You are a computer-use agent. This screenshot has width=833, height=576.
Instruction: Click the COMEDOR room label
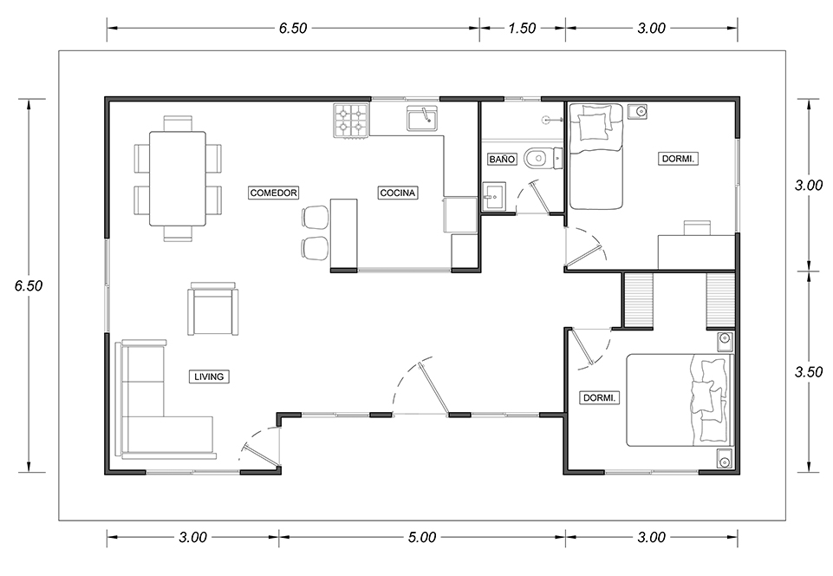tap(274, 193)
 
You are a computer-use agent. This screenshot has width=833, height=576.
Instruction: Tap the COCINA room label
tap(397, 193)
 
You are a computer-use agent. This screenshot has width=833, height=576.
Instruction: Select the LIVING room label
tap(209, 376)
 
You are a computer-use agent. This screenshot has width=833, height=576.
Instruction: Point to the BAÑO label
tap(502, 159)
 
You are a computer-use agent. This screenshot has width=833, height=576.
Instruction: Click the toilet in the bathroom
tap(543, 158)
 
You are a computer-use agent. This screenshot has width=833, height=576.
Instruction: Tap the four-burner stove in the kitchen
tap(351, 121)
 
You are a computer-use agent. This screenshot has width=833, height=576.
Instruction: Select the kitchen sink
tap(422, 119)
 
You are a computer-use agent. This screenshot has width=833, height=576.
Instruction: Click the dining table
tap(178, 178)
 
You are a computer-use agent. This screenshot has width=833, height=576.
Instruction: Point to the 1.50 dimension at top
tap(522, 28)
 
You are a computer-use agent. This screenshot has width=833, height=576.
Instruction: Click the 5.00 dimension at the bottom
tap(422, 537)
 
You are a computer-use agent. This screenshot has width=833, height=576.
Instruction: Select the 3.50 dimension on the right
tap(809, 372)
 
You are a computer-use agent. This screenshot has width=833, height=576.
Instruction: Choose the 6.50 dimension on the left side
tap(28, 285)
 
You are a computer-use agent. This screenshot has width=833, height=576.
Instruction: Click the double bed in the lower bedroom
tap(680, 400)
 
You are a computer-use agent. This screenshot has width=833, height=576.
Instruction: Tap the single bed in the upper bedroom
tap(595, 156)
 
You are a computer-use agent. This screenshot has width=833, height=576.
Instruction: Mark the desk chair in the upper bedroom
tap(696, 227)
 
